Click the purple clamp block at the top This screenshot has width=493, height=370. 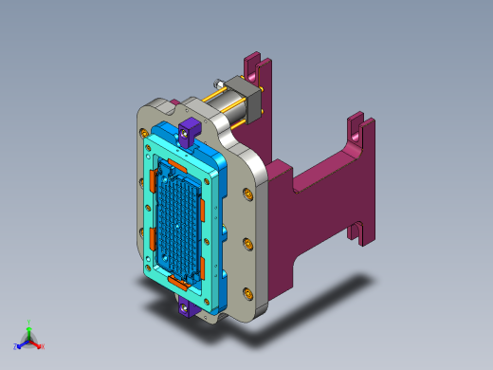190,130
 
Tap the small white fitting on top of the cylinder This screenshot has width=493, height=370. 216,83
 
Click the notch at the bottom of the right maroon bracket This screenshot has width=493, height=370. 359,231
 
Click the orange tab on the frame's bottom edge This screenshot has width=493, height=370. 176,282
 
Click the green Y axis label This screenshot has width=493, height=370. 29,322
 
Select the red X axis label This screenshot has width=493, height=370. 42,346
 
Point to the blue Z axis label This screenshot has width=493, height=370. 15,346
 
